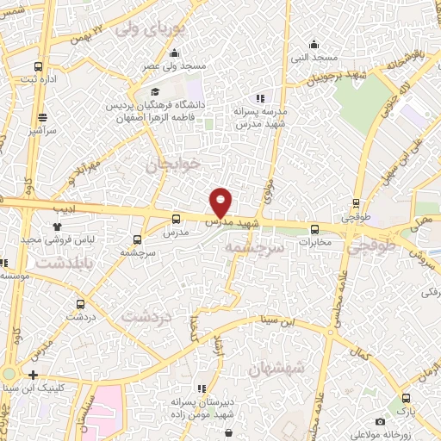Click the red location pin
coord(221,202)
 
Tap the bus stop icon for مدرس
coord(177,220)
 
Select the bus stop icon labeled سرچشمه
coord(138,239)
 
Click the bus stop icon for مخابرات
coord(314,229)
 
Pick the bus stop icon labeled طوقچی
coord(356,204)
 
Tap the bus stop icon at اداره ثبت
coord(38,66)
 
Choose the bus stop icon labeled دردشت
coord(80,303)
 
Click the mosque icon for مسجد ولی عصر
coord(198,53)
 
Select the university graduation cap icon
coord(154,92)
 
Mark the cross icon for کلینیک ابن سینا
coord(33,375)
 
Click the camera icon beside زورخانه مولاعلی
coord(380,421)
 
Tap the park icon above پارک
coord(406,398)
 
